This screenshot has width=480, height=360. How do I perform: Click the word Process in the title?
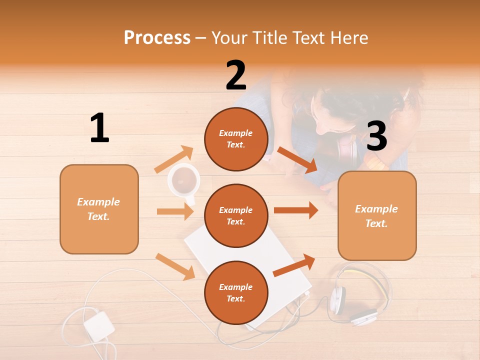(x=157, y=37)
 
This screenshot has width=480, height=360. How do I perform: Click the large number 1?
(x=99, y=128)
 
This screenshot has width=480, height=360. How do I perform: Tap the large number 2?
(x=236, y=75)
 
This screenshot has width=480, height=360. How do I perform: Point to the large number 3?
(x=377, y=136)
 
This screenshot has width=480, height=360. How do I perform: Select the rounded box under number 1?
(x=99, y=209)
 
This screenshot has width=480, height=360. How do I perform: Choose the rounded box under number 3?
(x=377, y=215)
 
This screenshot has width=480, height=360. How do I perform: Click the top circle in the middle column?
(x=236, y=138)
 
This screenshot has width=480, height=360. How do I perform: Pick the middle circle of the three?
(x=236, y=215)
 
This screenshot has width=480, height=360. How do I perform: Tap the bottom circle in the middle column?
(x=236, y=292)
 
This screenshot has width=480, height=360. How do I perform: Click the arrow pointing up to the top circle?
(x=174, y=159)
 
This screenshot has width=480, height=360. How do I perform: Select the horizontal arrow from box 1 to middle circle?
(x=175, y=211)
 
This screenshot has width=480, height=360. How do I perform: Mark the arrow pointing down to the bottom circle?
(x=175, y=266)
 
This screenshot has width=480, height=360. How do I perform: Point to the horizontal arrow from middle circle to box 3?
(x=295, y=210)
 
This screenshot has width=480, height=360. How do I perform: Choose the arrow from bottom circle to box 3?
(x=294, y=265)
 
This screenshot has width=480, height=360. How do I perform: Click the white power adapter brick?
(x=99, y=326)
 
